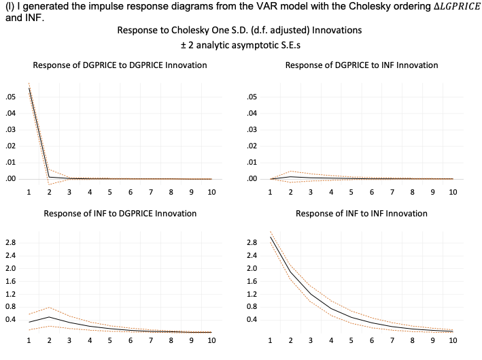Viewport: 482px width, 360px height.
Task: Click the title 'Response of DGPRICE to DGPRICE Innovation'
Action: (120, 65)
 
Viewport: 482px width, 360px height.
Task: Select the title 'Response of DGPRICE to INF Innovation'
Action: (362, 65)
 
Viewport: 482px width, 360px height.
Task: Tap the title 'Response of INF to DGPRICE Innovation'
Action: (120, 214)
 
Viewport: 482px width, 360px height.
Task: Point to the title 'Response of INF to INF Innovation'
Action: (362, 214)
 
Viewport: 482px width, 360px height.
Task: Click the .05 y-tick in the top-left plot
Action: (10, 96)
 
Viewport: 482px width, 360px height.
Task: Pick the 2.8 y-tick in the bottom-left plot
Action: (11, 243)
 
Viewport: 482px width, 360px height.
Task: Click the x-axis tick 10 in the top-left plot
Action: (211, 193)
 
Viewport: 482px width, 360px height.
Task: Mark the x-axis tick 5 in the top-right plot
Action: (351, 193)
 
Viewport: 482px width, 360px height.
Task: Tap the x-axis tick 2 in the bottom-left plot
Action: (49, 340)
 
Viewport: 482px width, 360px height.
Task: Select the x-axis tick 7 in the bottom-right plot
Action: (392, 340)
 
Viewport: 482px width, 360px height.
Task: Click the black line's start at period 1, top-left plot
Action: (29, 88)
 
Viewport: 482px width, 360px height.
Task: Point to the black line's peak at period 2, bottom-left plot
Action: (49, 316)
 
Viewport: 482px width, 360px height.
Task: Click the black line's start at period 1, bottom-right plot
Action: (271, 238)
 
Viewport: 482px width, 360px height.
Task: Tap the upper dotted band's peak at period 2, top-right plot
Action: (291, 171)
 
